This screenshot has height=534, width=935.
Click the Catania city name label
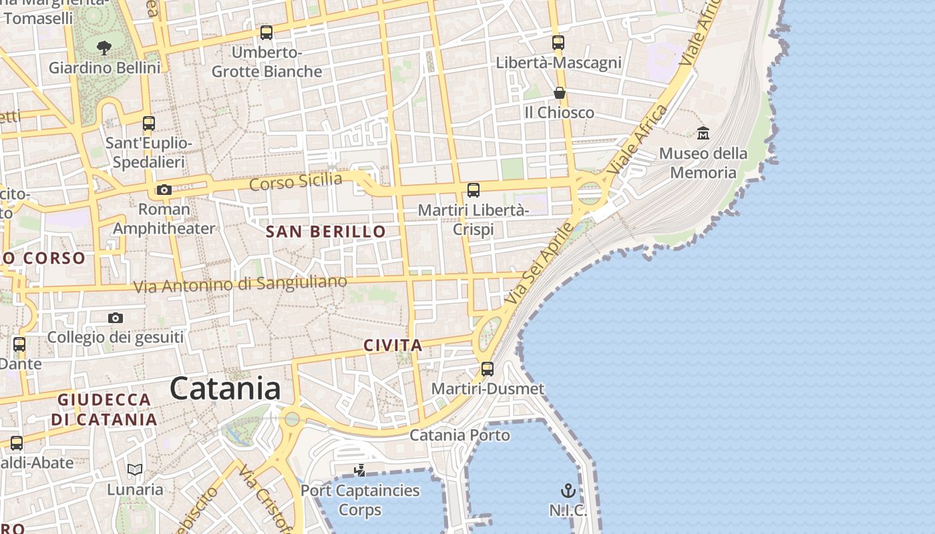[x=225, y=388]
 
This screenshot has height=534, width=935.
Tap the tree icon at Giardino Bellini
[x=104, y=47]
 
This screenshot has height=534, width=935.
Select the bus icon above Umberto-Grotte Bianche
[x=266, y=32]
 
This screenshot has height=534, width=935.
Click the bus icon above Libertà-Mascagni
[x=558, y=43]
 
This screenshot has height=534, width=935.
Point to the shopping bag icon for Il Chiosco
[x=560, y=93]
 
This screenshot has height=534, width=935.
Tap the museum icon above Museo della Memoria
[x=703, y=133]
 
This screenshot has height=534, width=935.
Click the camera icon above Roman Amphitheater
[x=164, y=190]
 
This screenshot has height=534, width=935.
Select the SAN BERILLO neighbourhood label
[x=326, y=232]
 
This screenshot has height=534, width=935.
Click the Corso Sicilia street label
[x=296, y=181]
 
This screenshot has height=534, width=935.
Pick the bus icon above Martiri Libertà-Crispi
[x=474, y=190]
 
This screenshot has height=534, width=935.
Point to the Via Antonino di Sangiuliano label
[x=240, y=284]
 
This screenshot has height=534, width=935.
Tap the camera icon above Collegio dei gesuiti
[x=116, y=318]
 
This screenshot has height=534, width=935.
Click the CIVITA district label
[x=393, y=345]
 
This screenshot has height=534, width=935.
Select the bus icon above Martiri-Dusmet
[x=488, y=369]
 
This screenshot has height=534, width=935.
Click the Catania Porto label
[x=459, y=435]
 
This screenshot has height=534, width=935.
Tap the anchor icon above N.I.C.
[x=568, y=491]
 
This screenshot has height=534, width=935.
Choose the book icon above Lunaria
[x=135, y=470]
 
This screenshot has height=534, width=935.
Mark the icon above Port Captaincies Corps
[x=360, y=471]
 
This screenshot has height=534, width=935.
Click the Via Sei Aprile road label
[x=540, y=264]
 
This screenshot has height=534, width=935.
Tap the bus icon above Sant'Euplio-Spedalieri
[x=149, y=123]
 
